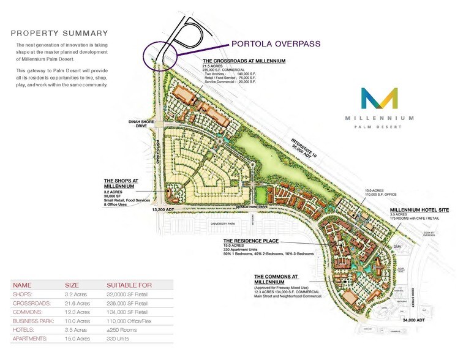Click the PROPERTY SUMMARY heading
pos(59,33)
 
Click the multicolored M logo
pos(379,100)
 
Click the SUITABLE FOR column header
pos(129,285)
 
